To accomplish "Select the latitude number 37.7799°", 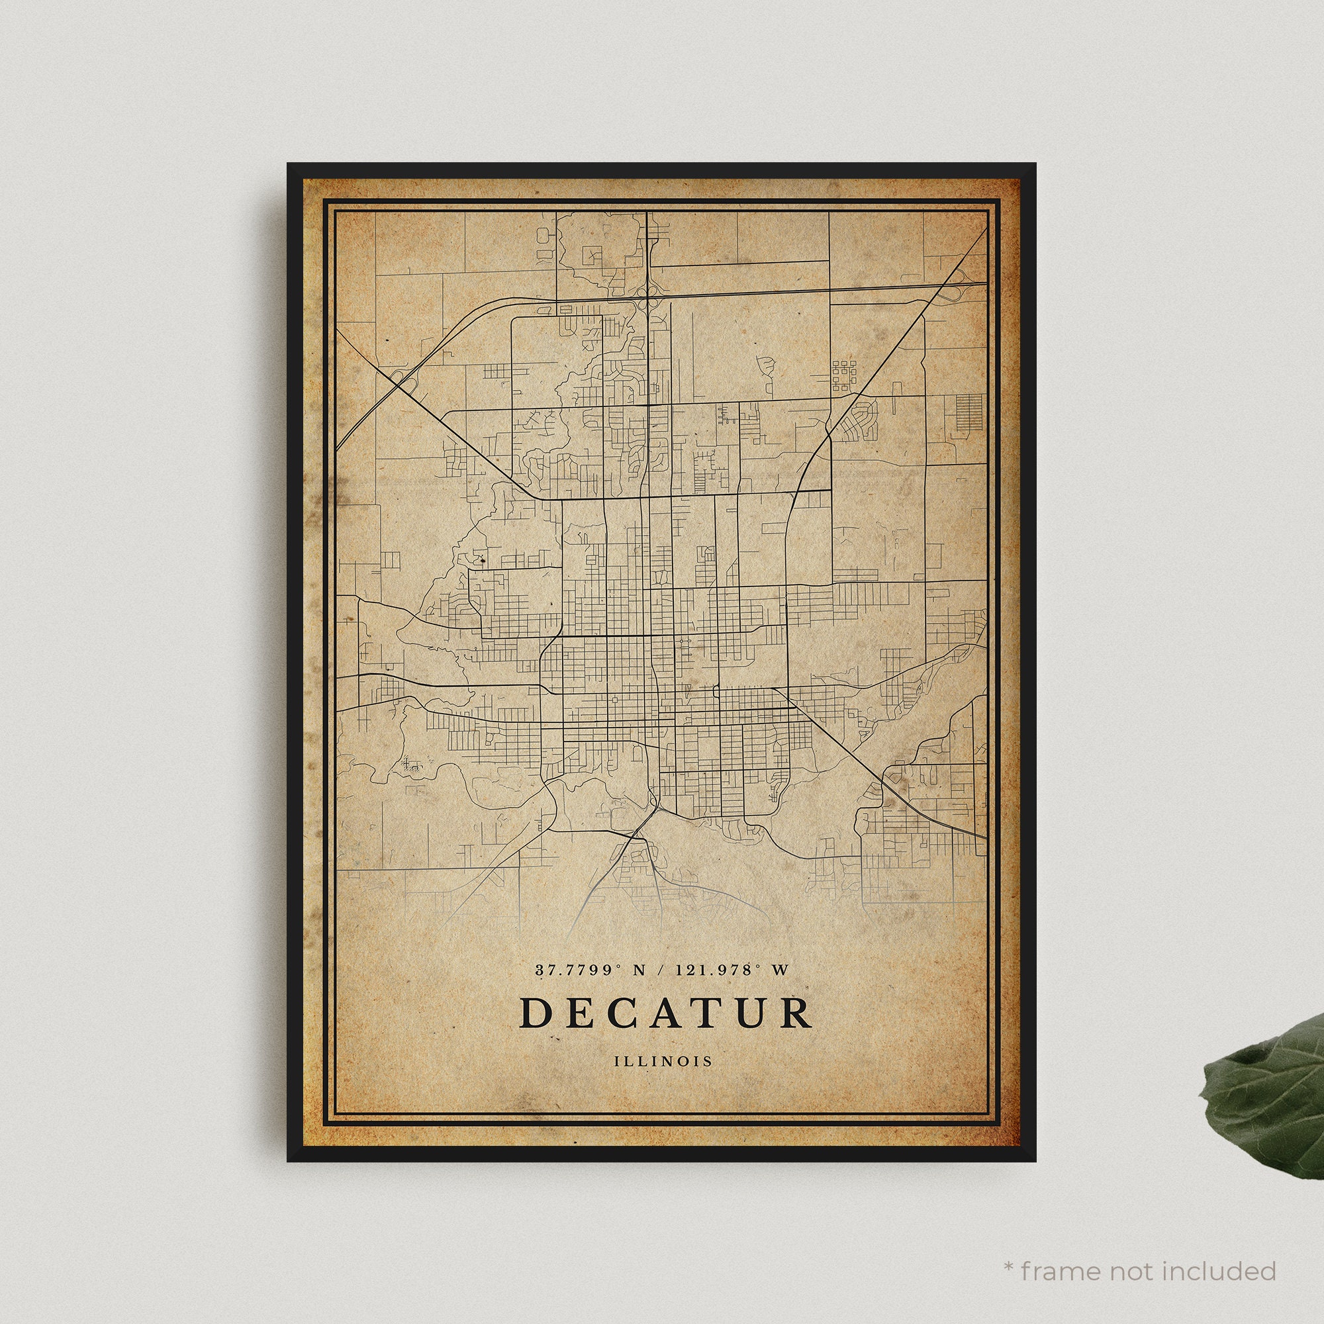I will click(x=578, y=970).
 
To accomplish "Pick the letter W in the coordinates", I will click(x=780, y=970).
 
